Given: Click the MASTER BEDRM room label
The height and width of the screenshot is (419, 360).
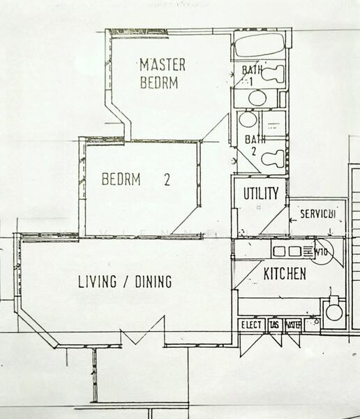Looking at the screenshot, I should [x=163, y=73].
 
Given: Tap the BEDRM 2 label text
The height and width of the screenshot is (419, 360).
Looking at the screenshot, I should [x=136, y=179].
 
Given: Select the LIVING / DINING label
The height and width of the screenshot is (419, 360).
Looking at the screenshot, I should [x=124, y=282].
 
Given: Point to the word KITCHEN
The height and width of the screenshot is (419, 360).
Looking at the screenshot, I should [x=284, y=274].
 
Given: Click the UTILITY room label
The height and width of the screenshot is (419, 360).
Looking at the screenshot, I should [x=261, y=193].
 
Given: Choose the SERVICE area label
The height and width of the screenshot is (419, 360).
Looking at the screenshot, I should [x=317, y=214].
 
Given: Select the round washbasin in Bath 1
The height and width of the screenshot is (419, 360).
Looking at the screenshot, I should [x=257, y=97].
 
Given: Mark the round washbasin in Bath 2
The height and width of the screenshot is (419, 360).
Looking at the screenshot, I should [x=248, y=119].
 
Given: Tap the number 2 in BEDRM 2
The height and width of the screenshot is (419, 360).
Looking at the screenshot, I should [x=167, y=179].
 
